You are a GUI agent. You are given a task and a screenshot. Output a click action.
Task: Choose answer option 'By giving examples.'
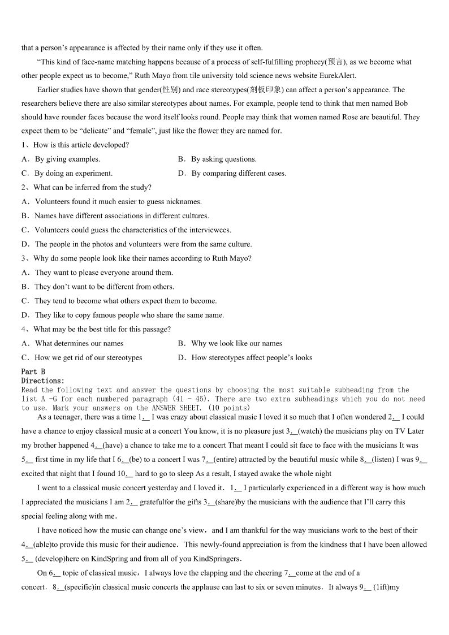(67, 159)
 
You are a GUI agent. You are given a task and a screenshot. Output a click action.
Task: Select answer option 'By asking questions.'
(223, 159)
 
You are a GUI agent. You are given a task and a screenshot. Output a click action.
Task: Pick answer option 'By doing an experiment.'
(74, 173)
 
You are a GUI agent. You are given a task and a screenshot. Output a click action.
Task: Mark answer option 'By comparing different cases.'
(239, 173)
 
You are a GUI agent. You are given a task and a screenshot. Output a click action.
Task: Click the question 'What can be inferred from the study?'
(92, 187)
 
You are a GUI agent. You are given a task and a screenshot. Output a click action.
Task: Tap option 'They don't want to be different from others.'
(104, 287)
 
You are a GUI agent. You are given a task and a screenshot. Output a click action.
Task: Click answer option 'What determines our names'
(79, 343)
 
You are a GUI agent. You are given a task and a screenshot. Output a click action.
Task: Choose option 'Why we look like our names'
(236, 343)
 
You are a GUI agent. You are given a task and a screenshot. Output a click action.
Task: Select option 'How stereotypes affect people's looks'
(252, 357)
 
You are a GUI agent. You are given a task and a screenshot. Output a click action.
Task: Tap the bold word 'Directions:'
(43, 381)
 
